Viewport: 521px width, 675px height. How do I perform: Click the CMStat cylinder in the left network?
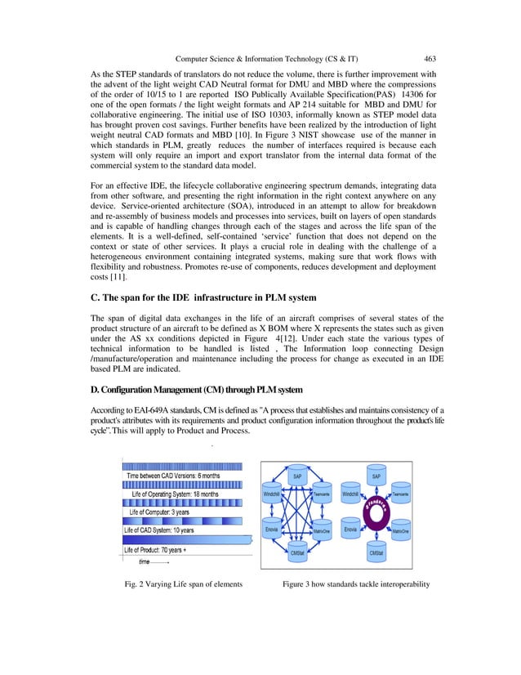coord(299,553)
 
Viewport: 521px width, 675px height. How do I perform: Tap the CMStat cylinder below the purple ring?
coord(376,553)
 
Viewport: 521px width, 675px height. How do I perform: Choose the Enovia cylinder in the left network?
coord(272,530)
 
